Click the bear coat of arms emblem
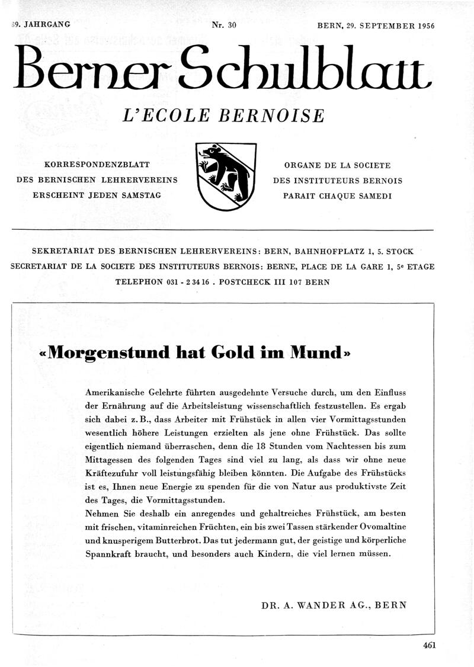click(226, 176)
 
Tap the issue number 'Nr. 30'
click(224, 25)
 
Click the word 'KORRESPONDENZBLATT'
click(97, 165)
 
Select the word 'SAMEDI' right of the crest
click(375, 196)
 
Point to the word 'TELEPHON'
click(139, 282)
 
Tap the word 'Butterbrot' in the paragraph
click(168, 540)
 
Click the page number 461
click(429, 646)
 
